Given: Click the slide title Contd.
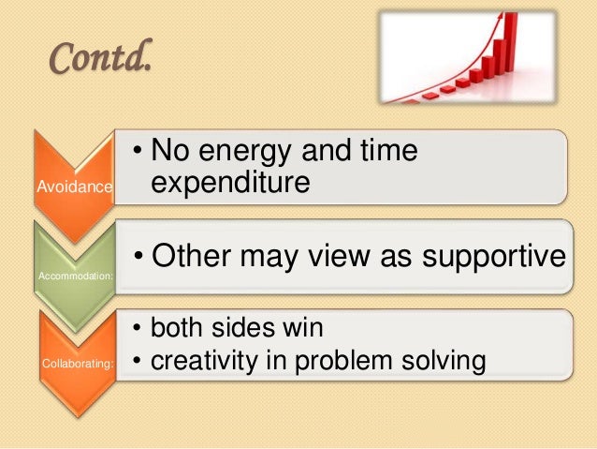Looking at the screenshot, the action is click(x=101, y=57).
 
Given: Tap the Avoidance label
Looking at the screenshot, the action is click(x=75, y=187).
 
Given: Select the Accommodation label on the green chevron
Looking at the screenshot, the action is click(x=76, y=276).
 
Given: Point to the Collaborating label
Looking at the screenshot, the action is click(x=78, y=363).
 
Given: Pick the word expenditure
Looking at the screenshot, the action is click(x=230, y=184).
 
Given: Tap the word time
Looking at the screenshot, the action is click(x=389, y=149).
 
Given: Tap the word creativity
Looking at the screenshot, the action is click(x=204, y=361).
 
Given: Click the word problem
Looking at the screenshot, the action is click(x=343, y=361).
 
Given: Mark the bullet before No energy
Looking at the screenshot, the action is click(x=138, y=151).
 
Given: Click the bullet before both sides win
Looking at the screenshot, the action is click(x=138, y=328).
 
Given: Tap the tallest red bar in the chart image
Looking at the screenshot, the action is click(x=511, y=41).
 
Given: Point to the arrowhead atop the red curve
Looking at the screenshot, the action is click(x=501, y=16).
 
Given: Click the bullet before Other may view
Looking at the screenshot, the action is click(x=139, y=255).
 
